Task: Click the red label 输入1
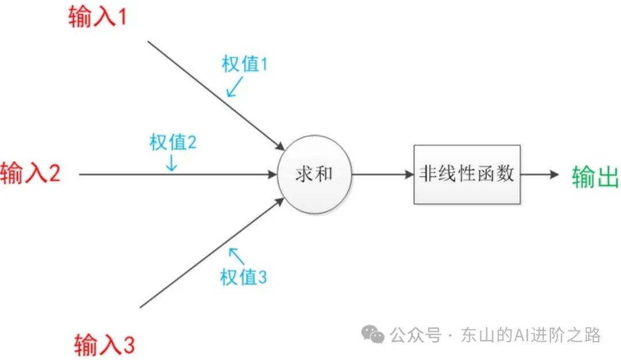(97, 17)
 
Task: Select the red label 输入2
(30, 172)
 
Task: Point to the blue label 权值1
(245, 64)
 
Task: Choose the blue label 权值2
(173, 142)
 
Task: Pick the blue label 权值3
(243, 278)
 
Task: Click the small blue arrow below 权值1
(235, 87)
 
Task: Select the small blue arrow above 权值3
(235, 255)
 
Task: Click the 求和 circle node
(314, 174)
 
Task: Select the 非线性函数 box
(467, 174)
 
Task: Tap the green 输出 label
(595, 177)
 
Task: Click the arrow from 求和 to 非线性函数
(382, 174)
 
